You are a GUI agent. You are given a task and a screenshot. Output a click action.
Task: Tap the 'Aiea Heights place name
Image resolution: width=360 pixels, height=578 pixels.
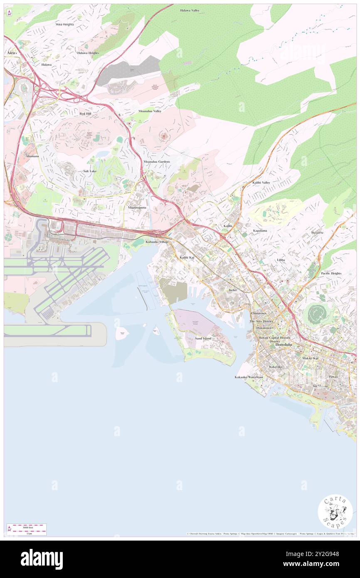tap(64, 25)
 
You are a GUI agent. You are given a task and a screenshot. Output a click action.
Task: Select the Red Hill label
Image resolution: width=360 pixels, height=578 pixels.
tap(85, 113)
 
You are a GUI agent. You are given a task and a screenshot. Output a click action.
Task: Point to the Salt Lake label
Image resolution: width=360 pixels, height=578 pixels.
tap(90, 171)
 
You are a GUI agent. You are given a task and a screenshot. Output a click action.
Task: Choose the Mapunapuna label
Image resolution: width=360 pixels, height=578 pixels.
tap(137, 207)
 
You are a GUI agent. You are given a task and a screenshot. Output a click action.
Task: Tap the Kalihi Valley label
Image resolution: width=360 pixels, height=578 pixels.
tap(261, 183)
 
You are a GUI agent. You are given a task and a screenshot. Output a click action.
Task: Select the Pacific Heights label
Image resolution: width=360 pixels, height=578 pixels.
tap(331, 273)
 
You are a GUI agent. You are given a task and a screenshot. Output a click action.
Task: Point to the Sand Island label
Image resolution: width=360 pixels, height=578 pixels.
tap(203, 338)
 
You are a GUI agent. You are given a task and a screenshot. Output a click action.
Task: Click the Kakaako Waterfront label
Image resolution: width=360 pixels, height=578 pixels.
tap(249, 377)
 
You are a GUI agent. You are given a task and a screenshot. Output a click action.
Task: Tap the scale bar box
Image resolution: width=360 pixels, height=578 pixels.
tap(27, 529)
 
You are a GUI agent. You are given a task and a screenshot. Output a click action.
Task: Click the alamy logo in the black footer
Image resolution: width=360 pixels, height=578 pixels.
tap(42, 559)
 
